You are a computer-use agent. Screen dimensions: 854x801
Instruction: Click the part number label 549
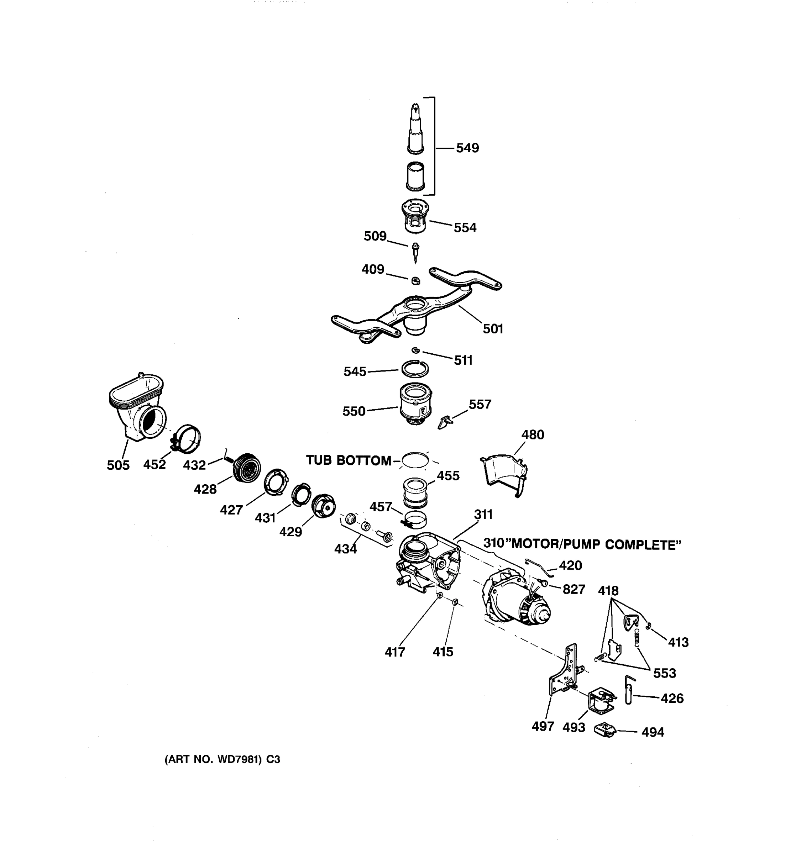467,148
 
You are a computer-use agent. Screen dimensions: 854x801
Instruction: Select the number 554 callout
465,228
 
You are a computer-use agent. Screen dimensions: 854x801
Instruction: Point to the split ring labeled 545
415,368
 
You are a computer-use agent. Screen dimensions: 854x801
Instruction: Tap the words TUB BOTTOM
348,460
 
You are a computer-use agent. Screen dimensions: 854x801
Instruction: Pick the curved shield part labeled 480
503,475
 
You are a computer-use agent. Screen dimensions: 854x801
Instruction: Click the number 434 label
345,549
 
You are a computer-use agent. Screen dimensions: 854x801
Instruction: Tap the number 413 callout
678,642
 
